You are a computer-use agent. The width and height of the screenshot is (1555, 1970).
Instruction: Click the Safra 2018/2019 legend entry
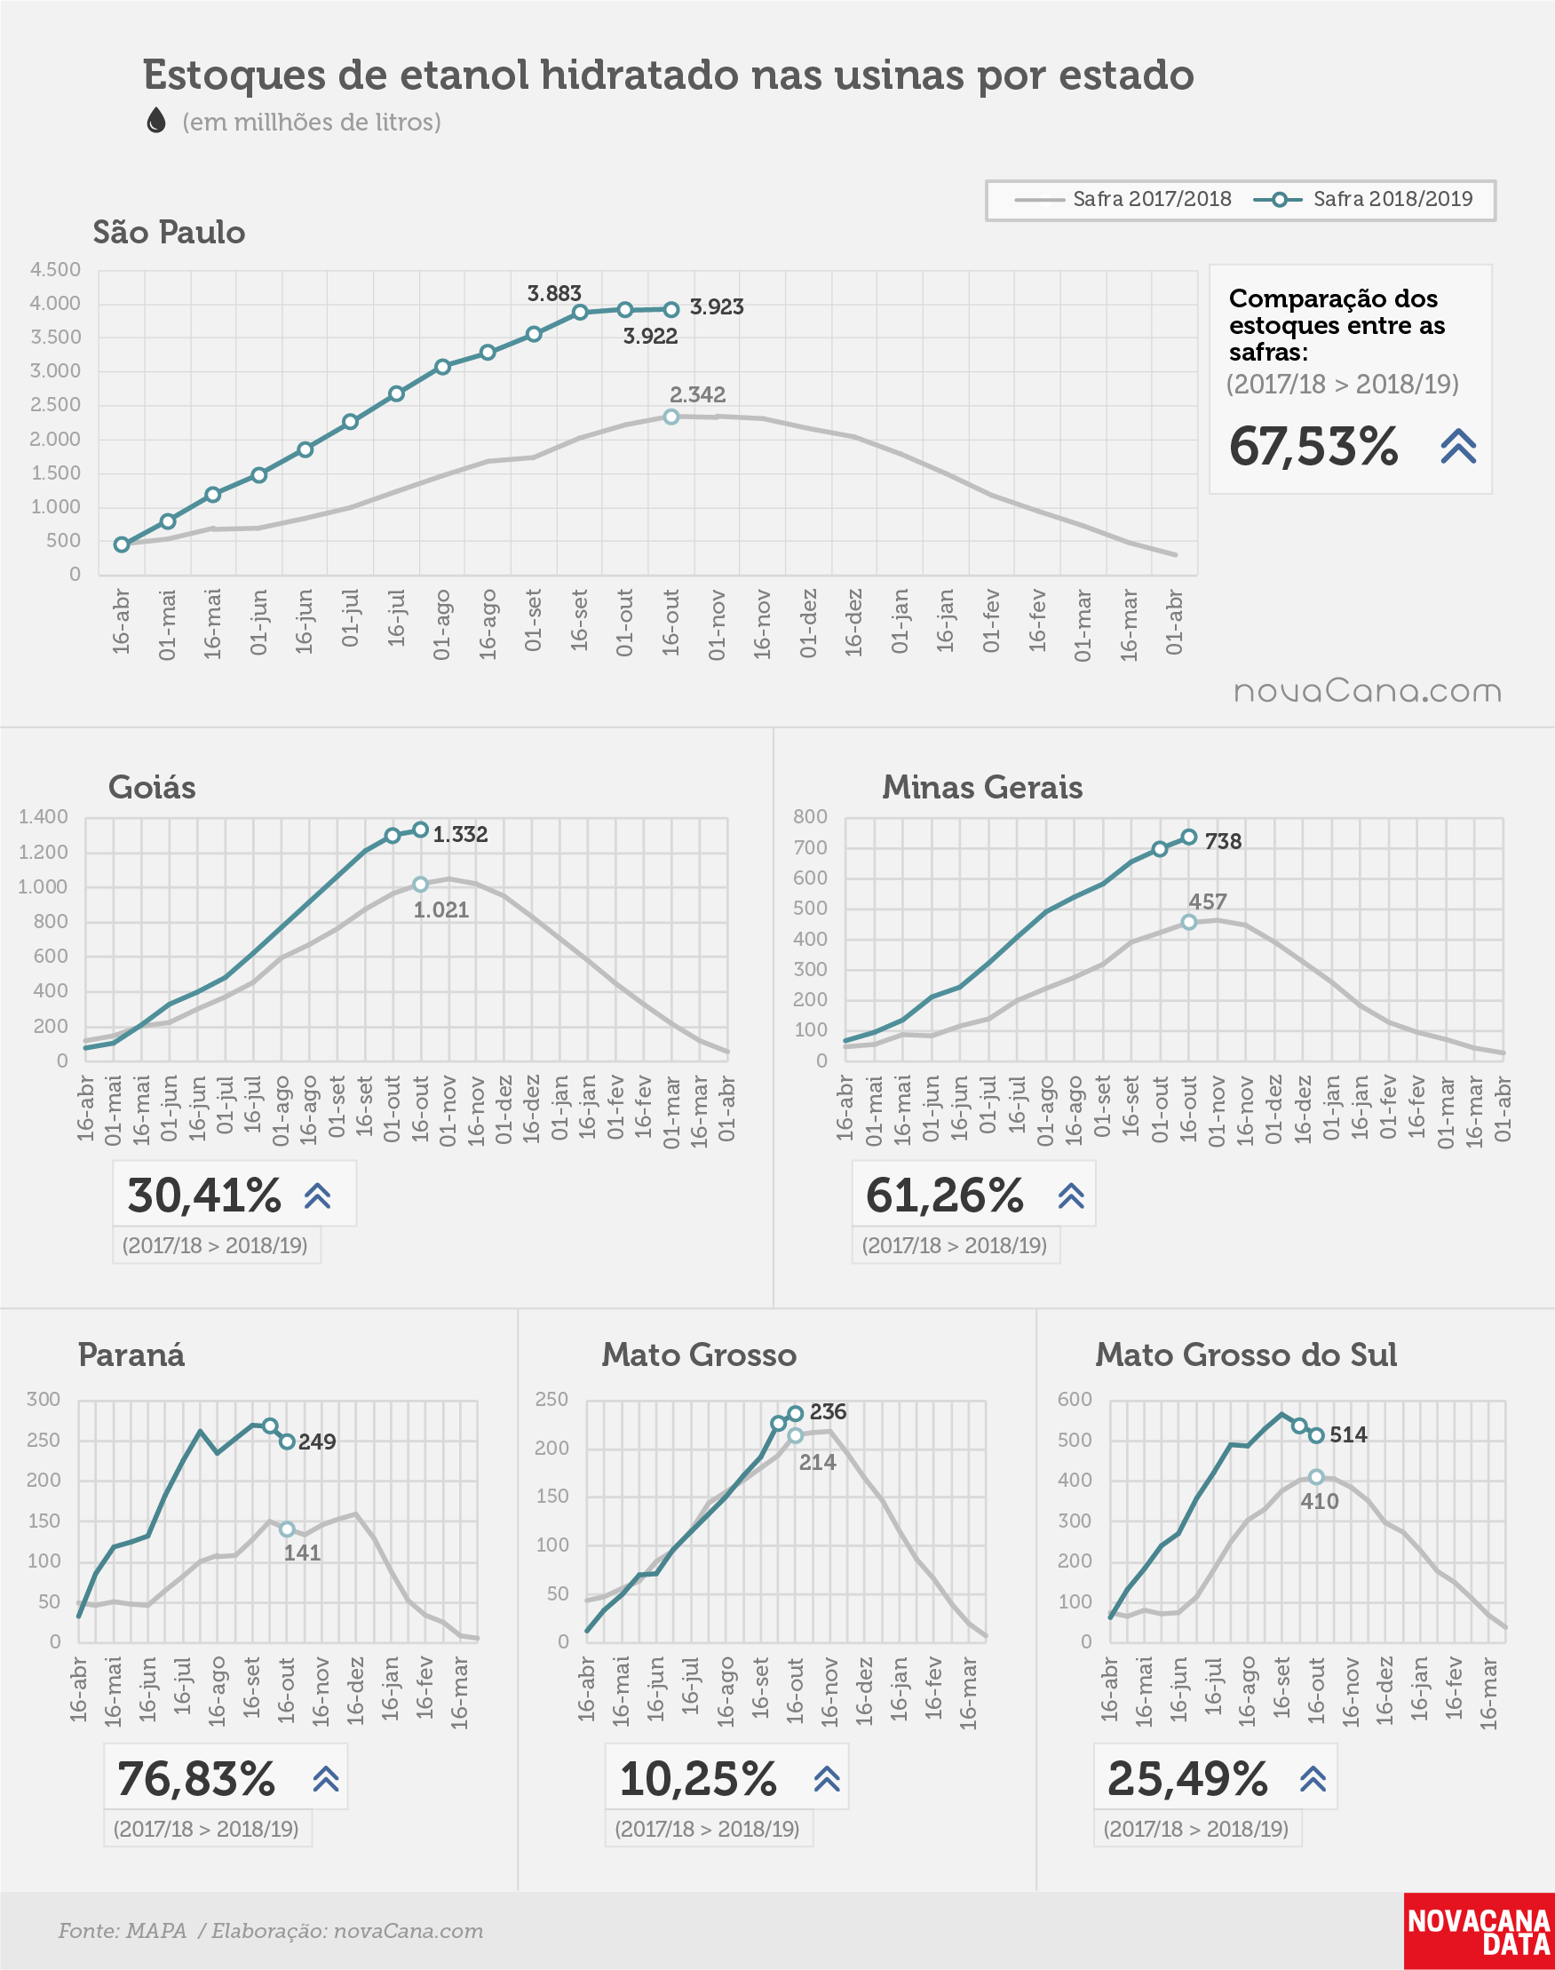[x=1363, y=199]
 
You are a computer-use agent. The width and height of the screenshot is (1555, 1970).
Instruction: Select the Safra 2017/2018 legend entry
[x=1123, y=199]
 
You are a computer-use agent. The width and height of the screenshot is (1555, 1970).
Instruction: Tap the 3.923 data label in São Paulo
[x=717, y=307]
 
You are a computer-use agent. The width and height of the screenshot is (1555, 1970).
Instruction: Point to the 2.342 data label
[x=697, y=394]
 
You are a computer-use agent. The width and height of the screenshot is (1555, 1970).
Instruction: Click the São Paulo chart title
[x=170, y=232]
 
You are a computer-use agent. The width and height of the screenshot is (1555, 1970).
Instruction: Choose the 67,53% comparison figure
[x=1313, y=446]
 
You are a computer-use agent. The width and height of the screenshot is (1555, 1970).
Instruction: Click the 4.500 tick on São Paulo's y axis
[x=56, y=269]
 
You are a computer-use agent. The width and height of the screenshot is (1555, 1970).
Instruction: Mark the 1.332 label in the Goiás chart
[x=460, y=834]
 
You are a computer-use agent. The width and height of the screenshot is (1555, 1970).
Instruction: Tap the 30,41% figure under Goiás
[x=204, y=1196]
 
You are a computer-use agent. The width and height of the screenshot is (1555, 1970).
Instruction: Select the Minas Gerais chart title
[x=982, y=787]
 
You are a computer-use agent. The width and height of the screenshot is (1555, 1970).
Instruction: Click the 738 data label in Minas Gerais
[x=1223, y=841]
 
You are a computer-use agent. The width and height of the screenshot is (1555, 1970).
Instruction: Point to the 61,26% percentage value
[x=944, y=1196]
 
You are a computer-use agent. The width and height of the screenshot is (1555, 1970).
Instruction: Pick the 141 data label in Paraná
[x=301, y=1553]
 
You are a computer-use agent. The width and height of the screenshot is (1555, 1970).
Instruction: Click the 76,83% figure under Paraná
[x=195, y=1778]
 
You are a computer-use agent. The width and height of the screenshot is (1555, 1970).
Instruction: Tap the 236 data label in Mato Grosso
[x=828, y=1411]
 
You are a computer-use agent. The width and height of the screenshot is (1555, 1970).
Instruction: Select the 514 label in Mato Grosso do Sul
[x=1347, y=1434]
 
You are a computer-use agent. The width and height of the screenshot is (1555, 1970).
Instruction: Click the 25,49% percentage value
[x=1187, y=1778]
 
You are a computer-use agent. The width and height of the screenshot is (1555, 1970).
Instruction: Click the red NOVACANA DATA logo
[x=1479, y=1931]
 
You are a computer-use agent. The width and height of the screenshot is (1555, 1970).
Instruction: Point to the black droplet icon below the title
[x=156, y=120]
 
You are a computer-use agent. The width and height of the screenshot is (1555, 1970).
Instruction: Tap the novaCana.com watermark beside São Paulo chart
[x=1368, y=691]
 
